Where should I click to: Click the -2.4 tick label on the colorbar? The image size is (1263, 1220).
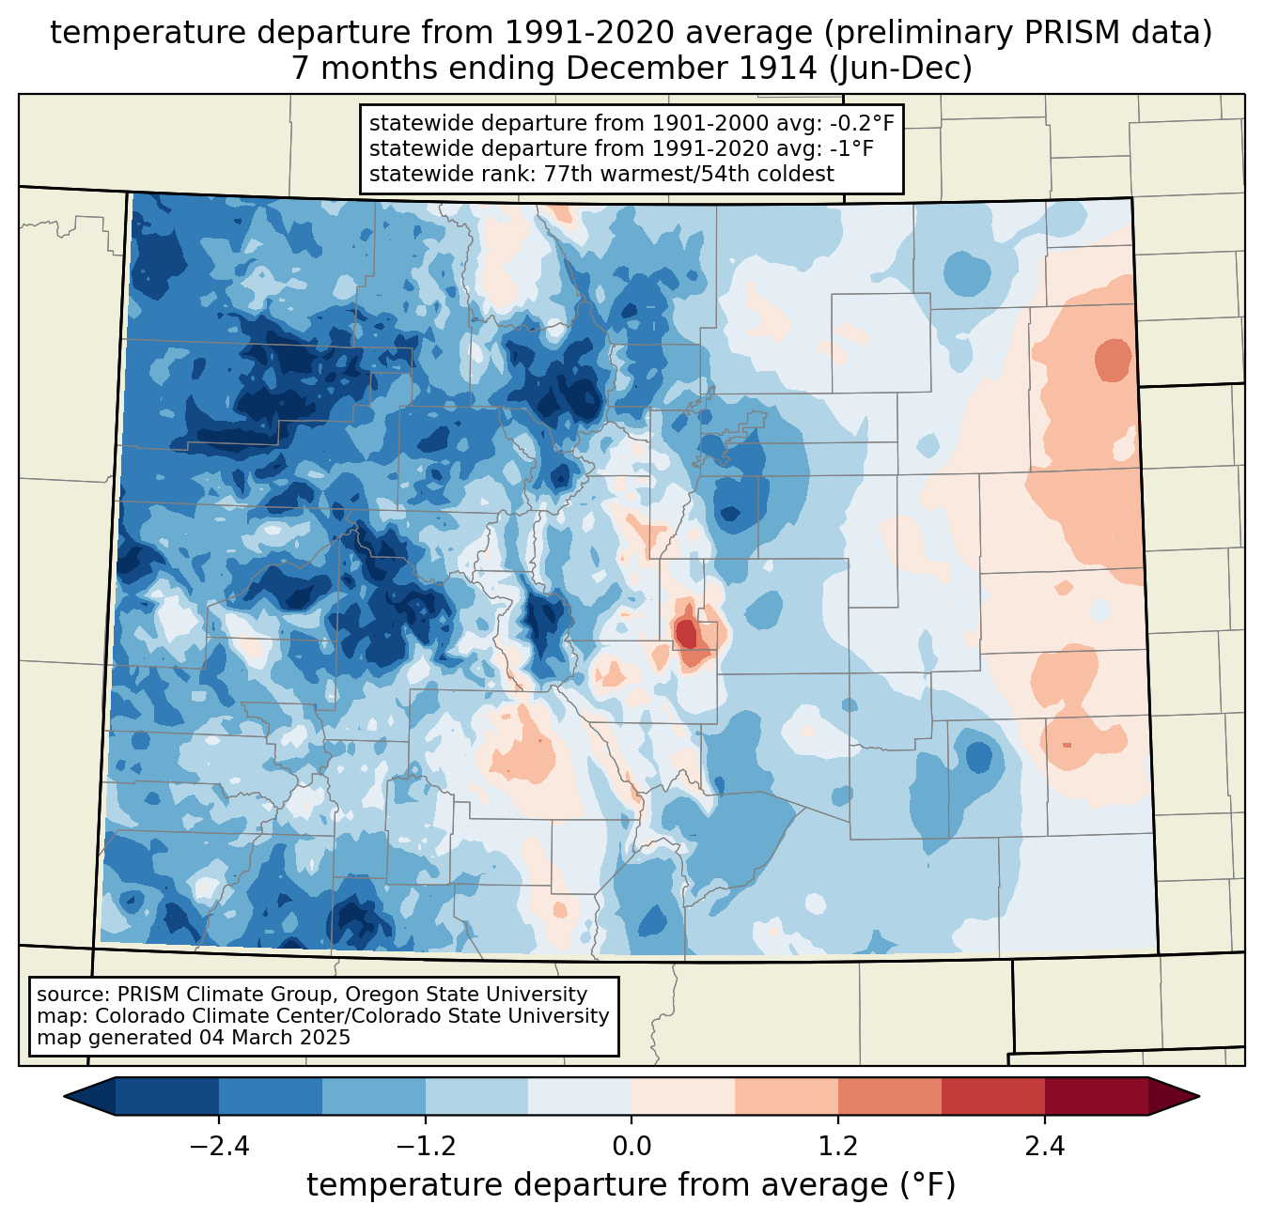click(219, 1147)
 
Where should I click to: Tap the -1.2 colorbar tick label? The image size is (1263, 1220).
click(425, 1147)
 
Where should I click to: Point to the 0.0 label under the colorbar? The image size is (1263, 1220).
click(631, 1147)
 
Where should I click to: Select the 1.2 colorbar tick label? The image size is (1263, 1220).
click(838, 1147)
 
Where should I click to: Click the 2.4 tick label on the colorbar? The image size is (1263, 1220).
click(1045, 1147)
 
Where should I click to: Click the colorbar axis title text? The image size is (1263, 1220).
click(631, 1185)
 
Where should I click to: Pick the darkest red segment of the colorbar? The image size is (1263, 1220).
click(1097, 1096)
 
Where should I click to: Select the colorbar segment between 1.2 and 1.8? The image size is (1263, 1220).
click(890, 1096)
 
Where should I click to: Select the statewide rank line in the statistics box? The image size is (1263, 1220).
click(601, 174)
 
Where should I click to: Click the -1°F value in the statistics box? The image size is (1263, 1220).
click(850, 148)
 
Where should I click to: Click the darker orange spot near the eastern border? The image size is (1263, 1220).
click(1114, 360)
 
